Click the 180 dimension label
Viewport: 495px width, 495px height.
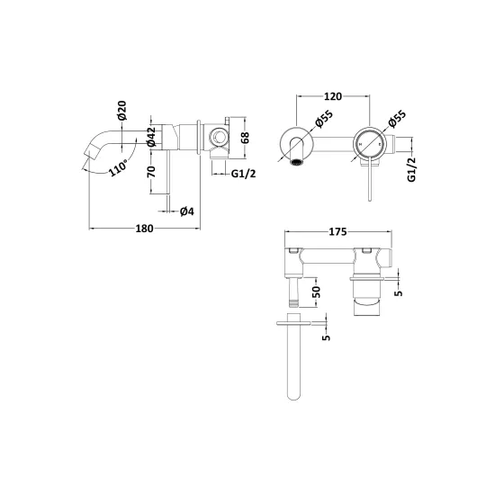(x=144, y=229)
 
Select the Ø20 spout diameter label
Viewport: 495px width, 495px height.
(x=121, y=110)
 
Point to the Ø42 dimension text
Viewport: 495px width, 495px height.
(x=151, y=137)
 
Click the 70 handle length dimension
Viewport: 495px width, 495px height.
(x=151, y=171)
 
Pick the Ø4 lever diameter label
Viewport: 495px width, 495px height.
(x=187, y=211)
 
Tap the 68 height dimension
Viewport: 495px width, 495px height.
(x=245, y=138)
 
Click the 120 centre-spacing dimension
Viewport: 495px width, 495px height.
(x=333, y=96)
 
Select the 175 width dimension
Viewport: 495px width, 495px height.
(x=337, y=231)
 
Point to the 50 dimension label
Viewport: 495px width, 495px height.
(x=317, y=292)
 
